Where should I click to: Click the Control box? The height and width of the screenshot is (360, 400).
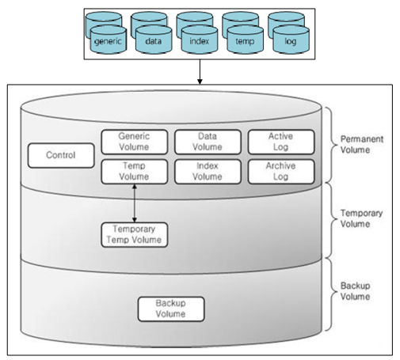[x=61, y=155]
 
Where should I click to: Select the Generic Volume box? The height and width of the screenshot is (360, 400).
[x=135, y=142]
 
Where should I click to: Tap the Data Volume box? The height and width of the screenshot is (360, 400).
[x=208, y=142]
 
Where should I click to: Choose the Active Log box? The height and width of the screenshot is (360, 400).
[x=281, y=142]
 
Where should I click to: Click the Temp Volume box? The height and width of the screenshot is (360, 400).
[x=135, y=172]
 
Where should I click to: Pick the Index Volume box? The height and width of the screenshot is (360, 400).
[x=208, y=172]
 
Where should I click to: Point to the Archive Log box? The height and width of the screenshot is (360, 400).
[x=281, y=172]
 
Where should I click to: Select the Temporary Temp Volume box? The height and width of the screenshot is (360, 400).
[x=135, y=235]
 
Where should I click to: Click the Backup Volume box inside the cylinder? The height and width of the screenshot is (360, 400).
[x=171, y=309]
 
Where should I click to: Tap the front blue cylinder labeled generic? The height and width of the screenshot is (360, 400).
[x=109, y=40]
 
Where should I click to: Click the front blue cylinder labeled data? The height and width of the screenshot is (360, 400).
[x=154, y=40]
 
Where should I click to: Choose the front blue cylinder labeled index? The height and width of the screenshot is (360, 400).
[x=200, y=40]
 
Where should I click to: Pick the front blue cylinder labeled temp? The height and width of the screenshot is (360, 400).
[x=245, y=40]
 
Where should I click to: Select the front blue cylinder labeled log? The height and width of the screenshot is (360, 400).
[x=291, y=40]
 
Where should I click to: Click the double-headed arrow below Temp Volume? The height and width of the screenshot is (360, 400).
[x=135, y=203]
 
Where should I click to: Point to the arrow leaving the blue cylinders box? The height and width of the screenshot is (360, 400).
[x=200, y=72]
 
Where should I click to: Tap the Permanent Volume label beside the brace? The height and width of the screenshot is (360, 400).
[x=362, y=144]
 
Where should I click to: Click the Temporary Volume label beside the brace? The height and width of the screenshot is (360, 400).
[x=361, y=218]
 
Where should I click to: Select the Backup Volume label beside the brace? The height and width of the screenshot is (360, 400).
[x=355, y=291]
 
